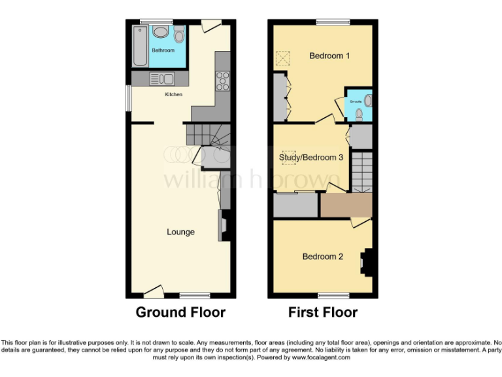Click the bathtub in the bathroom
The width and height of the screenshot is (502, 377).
click(x=141, y=46)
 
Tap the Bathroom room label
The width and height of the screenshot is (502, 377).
click(x=163, y=50)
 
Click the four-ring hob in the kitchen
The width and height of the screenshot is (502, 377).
click(x=222, y=81)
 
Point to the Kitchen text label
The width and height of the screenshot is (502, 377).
click(x=173, y=95)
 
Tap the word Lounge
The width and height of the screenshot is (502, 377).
click(x=180, y=232)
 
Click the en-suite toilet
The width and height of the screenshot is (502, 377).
click(x=359, y=114)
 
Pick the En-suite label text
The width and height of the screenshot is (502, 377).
click(x=356, y=102)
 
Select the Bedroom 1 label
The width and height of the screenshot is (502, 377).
click(x=329, y=56)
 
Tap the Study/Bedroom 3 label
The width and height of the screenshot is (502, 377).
click(x=311, y=157)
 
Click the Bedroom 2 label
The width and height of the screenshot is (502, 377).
click(x=323, y=257)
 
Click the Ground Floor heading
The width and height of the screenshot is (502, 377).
click(x=180, y=312)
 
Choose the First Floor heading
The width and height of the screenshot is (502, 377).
click(x=323, y=312)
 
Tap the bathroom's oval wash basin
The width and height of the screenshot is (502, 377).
click(x=160, y=32)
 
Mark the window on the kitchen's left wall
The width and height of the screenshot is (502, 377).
click(x=127, y=99)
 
